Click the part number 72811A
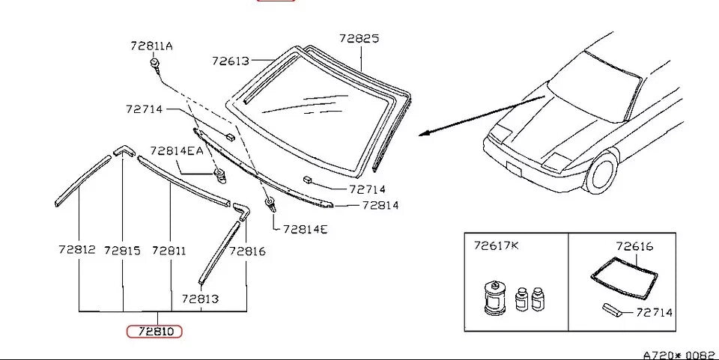coord(151,46)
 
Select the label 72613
coord(230,61)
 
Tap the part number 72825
coord(359,38)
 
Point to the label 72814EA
coord(177,150)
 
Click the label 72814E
coord(306,229)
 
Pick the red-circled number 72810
coord(154,331)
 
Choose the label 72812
coord(77,250)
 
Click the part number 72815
coord(122,251)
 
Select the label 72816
coord(247,251)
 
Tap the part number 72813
coord(201,299)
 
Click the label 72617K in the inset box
coord(496,246)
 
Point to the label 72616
coord(634,246)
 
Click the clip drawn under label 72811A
coord(155,64)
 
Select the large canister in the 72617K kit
coord(495,298)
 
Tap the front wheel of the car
coord(601,172)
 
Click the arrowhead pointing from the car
coord(425,133)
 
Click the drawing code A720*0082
coord(679,356)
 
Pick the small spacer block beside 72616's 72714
coord(612,310)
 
